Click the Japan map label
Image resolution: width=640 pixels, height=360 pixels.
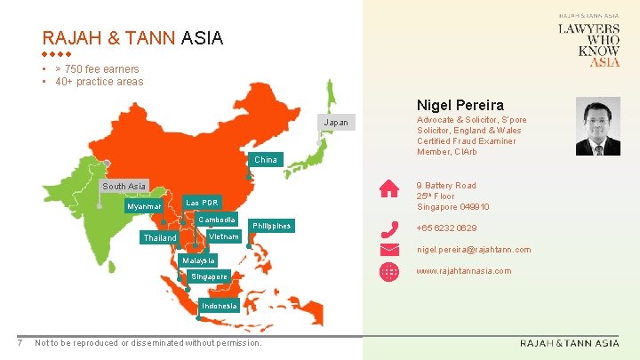[336, 123]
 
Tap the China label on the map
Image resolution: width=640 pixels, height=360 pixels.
[266, 160]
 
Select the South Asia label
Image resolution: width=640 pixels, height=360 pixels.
[124, 187]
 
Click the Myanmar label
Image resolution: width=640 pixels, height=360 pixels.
[145, 206]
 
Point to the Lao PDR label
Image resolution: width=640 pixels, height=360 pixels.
[200, 203]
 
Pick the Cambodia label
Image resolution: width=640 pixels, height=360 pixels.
[217, 220]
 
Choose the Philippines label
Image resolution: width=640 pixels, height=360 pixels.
[271, 226]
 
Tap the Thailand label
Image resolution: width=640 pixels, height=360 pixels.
[160, 238]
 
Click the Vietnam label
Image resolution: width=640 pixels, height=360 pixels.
[223, 237]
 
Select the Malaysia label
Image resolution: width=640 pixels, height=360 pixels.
[198, 260]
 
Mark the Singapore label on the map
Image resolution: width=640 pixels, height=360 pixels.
[210, 276]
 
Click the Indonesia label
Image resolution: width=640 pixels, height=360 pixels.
[220, 306]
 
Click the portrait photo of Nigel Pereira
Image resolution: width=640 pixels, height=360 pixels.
[598, 126]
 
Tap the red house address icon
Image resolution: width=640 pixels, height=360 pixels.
[389, 188]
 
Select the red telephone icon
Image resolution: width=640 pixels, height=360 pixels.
[389, 229]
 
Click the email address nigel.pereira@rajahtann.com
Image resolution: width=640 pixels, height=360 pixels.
[474, 250]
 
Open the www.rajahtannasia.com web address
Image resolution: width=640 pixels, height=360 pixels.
[464, 270]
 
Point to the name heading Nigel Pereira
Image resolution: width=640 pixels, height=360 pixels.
[460, 105]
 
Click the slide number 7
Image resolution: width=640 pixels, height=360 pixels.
[20, 343]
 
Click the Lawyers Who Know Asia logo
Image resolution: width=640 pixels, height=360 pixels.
[588, 44]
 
